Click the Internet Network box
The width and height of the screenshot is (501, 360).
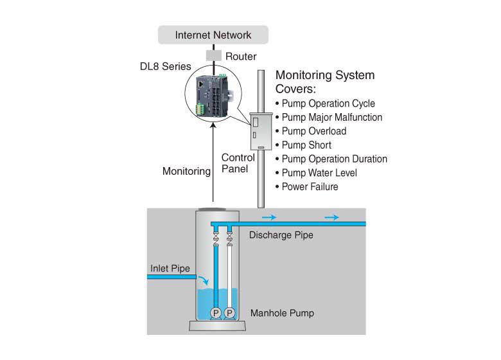pyautogui.click(x=213, y=35)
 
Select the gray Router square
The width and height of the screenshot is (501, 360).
pyautogui.click(x=213, y=56)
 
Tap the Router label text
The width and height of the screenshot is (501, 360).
pyautogui.click(x=241, y=57)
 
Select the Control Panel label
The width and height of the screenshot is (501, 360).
pyautogui.click(x=238, y=163)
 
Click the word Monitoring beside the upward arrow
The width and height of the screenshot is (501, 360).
pyautogui.click(x=186, y=172)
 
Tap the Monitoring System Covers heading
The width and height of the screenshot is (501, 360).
pyautogui.click(x=324, y=82)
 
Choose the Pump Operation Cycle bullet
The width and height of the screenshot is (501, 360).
pyautogui.click(x=328, y=104)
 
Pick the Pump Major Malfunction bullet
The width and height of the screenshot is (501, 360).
pyautogui.click(x=331, y=117)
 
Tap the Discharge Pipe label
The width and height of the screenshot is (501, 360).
pyautogui.click(x=281, y=235)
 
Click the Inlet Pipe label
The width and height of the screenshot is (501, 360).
pyautogui.click(x=170, y=268)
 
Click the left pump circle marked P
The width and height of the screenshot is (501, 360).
pyautogui.click(x=216, y=312)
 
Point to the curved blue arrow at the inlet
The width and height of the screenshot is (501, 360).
pyautogui.click(x=203, y=280)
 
